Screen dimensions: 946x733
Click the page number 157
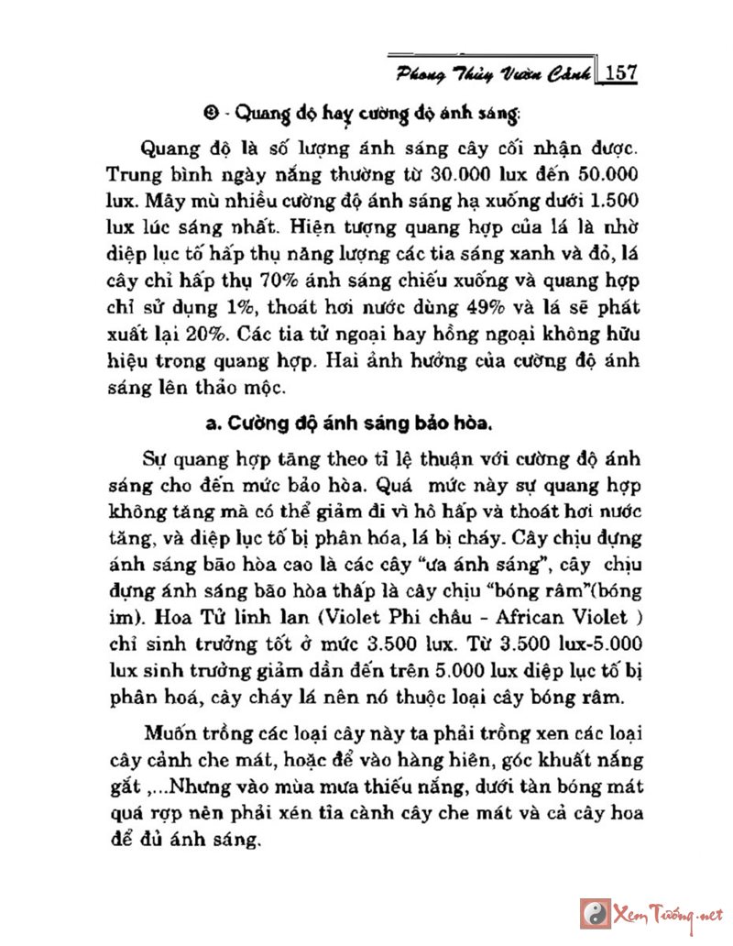pyautogui.click(x=619, y=74)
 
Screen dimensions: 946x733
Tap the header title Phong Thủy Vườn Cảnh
pyautogui.click(x=493, y=74)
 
